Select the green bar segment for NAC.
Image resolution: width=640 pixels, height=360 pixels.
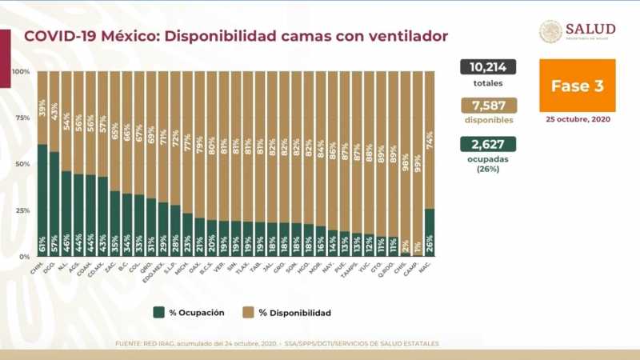pyautogui.click(x=429, y=232)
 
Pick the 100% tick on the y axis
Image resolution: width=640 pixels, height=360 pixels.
pyautogui.click(x=22, y=72)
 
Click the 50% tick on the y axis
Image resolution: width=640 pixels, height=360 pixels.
pyautogui.click(x=23, y=164)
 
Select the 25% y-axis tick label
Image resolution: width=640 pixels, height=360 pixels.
pyautogui.click(x=23, y=210)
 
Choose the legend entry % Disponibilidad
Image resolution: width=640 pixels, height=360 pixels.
pyautogui.click(x=288, y=312)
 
